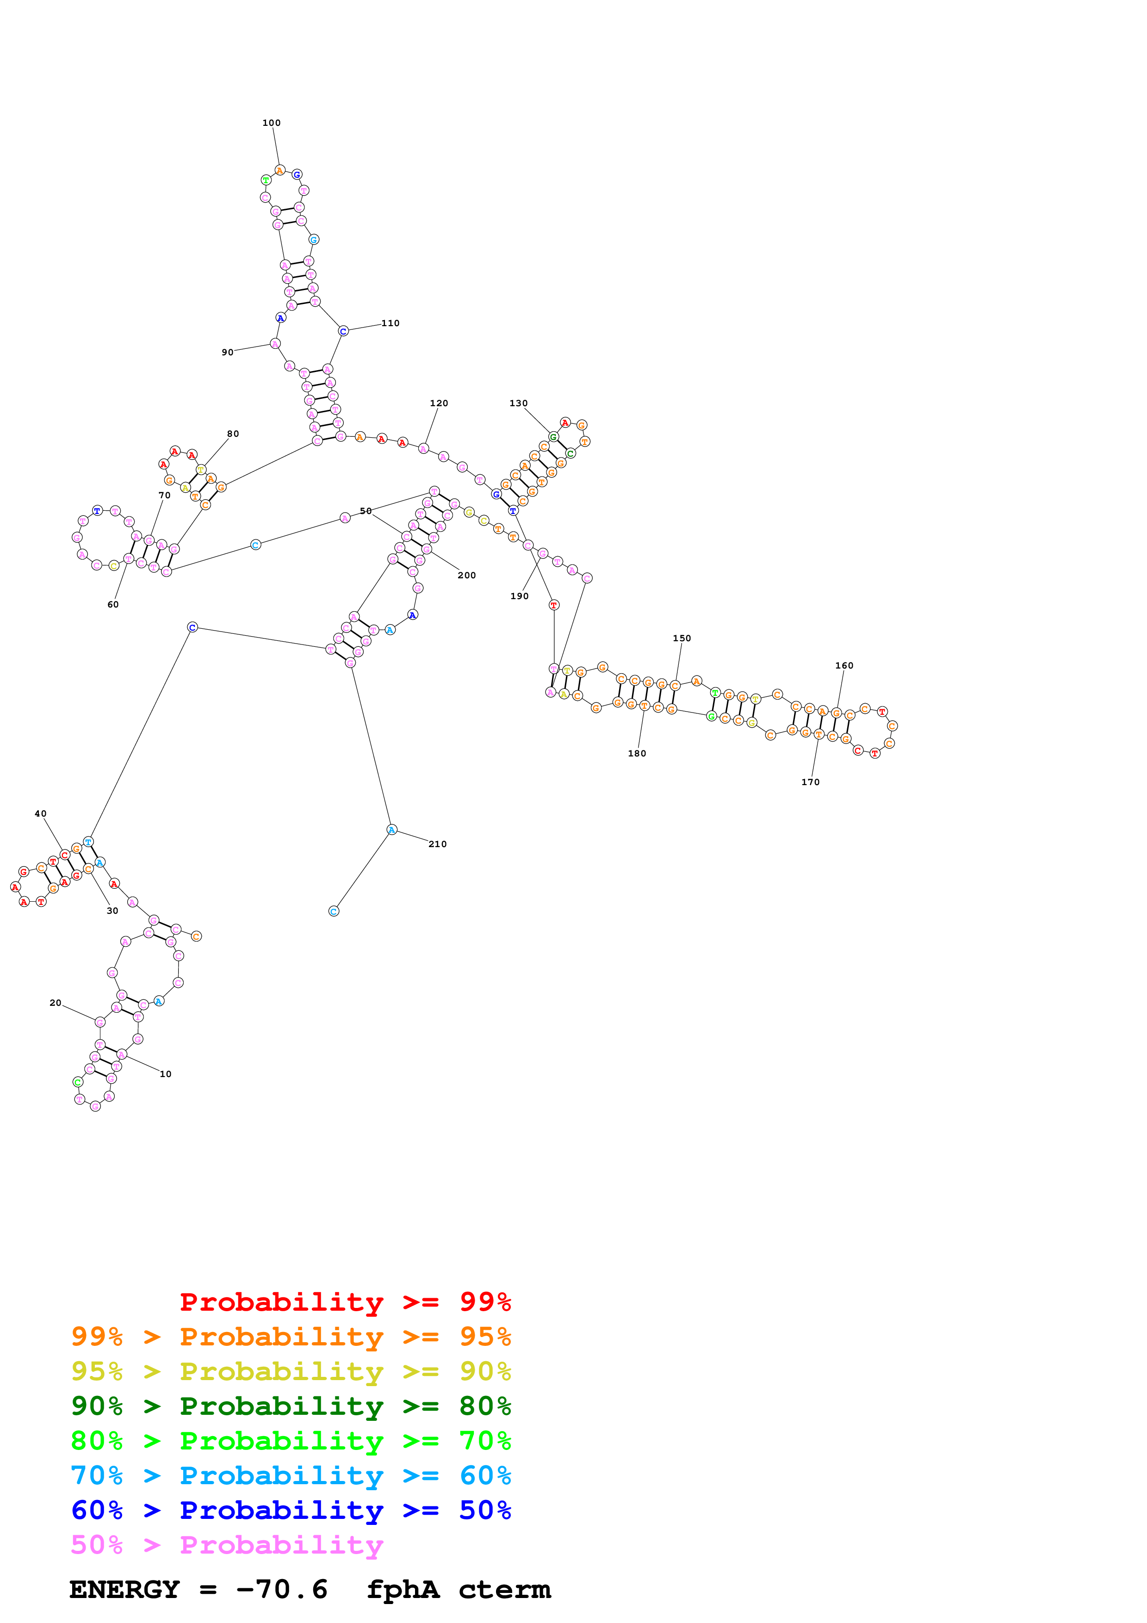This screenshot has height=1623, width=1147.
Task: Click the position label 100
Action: click(x=272, y=123)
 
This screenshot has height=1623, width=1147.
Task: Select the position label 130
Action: click(x=518, y=403)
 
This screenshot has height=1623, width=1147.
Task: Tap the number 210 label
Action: click(x=437, y=843)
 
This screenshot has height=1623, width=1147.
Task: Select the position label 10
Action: click(x=165, y=1074)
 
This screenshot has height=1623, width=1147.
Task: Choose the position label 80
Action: click(x=233, y=434)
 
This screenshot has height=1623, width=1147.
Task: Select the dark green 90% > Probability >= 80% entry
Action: click(x=291, y=1406)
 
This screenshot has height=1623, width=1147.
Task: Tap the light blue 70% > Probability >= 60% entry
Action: click(x=291, y=1475)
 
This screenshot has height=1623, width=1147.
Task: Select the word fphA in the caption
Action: click(x=403, y=1589)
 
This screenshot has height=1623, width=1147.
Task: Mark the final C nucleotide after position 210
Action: click(x=334, y=911)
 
